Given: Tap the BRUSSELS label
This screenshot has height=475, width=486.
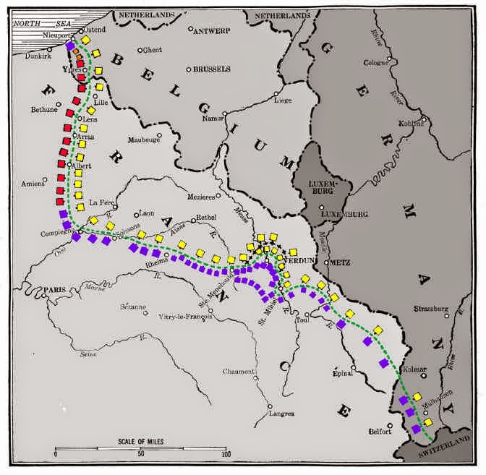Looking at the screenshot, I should click(211, 69).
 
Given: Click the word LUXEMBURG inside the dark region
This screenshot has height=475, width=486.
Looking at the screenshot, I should click(319, 184).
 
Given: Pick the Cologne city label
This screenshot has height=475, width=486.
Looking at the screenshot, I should click(376, 62).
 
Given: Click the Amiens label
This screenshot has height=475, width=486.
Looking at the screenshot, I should click(33, 182).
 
